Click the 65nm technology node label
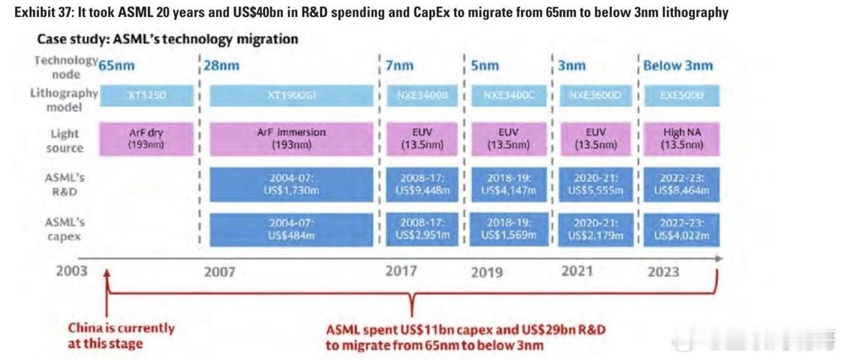click(x=117, y=65)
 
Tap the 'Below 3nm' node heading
click(x=678, y=65)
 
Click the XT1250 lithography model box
click(x=147, y=96)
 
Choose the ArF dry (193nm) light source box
click(x=147, y=138)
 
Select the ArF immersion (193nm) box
click(x=291, y=138)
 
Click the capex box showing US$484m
click(x=291, y=229)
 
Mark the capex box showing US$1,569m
click(x=508, y=229)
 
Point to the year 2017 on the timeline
click(x=402, y=271)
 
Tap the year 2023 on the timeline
click(x=663, y=272)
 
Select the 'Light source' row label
click(x=65, y=140)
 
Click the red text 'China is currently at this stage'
click(x=121, y=336)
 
